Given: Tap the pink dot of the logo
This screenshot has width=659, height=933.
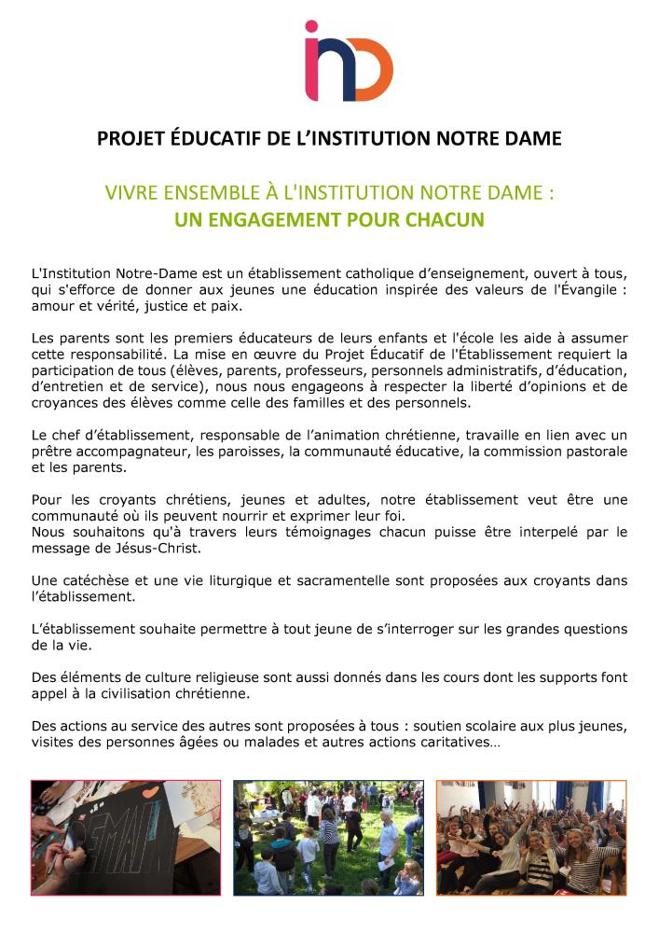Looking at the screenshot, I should pyautogui.click(x=311, y=27).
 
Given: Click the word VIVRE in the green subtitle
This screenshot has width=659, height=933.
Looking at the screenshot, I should pyautogui.click(x=134, y=194).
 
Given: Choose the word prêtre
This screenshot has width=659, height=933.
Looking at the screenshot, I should pyautogui.click(x=52, y=452).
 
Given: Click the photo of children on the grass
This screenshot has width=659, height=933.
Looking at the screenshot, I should pyautogui.click(x=328, y=838).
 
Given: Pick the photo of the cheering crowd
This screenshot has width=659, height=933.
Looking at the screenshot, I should pyautogui.click(x=531, y=838).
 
